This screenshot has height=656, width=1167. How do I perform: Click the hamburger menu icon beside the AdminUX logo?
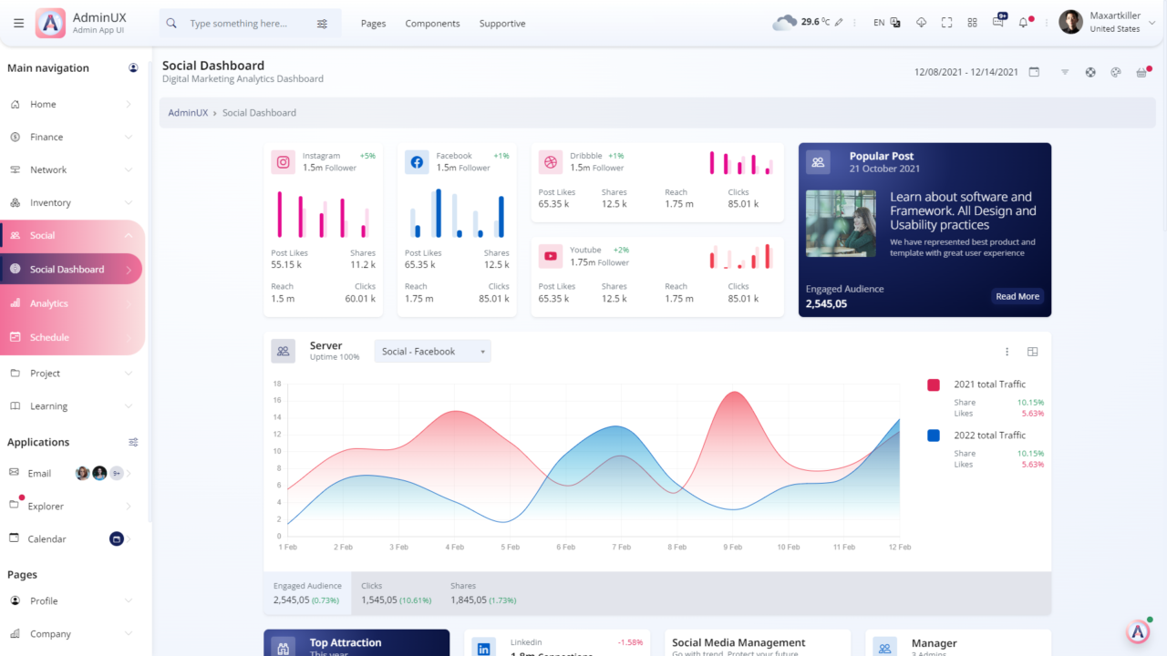pos(19,23)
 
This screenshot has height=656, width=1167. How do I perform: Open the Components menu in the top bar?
pos(432,24)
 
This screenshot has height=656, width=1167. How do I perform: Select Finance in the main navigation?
pos(46,137)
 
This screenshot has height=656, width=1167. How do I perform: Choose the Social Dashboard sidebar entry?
pos(67,270)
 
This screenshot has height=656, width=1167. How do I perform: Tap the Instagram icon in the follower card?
pos(284,162)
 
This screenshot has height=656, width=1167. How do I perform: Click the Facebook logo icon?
pos(417,162)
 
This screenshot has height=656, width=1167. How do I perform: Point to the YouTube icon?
pos(551,256)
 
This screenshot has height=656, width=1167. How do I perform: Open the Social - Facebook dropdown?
pos(432,352)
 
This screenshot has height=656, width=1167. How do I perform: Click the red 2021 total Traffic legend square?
pos(934,384)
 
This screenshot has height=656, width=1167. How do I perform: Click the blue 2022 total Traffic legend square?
pos(934,436)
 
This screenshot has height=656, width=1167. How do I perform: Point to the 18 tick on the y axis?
pos(277,384)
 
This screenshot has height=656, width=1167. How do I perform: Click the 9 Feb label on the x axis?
pos(732,548)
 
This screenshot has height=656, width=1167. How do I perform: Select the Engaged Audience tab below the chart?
pos(307,593)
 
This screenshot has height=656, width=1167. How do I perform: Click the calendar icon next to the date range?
pos(1034,72)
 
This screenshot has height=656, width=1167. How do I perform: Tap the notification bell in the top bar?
pos(1023,23)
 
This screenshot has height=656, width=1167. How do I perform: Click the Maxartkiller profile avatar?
pos(1070,23)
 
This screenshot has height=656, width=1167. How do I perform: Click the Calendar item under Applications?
pos(46,539)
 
